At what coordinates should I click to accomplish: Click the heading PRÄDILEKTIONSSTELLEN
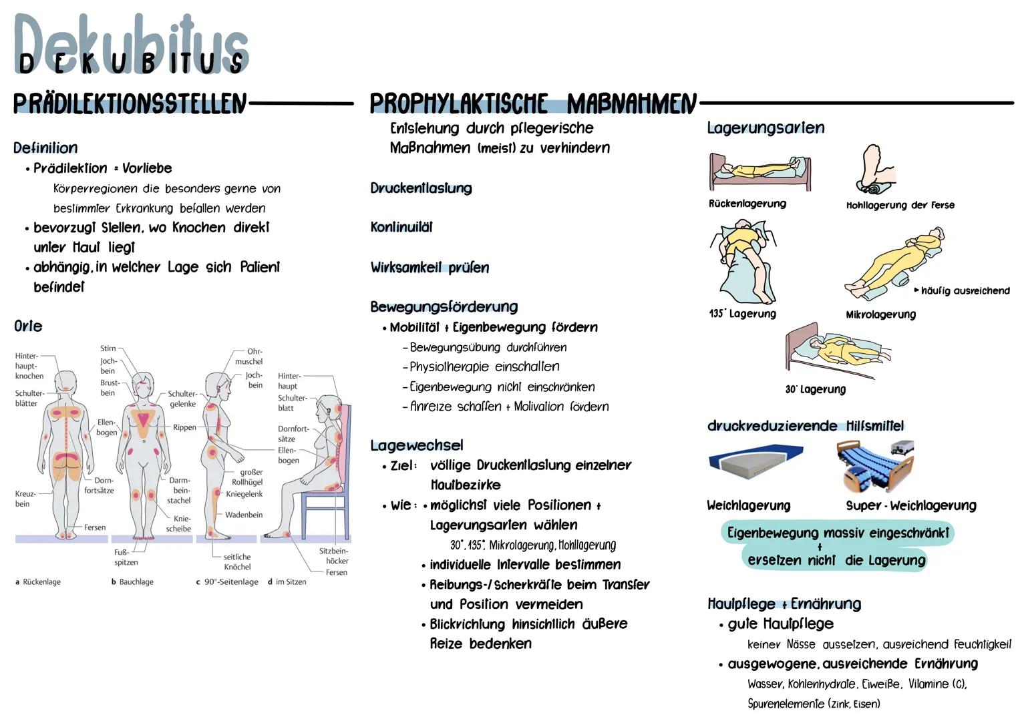tap(130, 104)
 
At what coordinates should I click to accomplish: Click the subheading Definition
tap(45, 148)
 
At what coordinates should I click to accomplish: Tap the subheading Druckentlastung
tap(421, 188)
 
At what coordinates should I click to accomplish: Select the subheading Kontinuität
tap(401, 228)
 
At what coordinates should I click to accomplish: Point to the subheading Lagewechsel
tap(416, 445)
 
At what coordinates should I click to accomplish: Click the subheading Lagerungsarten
tap(766, 128)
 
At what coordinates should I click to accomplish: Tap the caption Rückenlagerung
tap(747, 204)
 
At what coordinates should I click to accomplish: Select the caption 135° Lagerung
tap(742, 314)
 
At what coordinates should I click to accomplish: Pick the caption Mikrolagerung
tap(880, 314)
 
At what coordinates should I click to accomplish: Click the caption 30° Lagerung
tap(815, 389)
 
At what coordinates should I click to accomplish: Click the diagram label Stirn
tap(108, 348)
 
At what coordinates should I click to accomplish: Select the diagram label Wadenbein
tap(244, 515)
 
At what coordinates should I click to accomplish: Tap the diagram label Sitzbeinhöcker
tap(333, 556)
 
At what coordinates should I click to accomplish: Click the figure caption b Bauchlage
tap(132, 582)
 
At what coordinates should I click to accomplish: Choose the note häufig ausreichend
tap(965, 290)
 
